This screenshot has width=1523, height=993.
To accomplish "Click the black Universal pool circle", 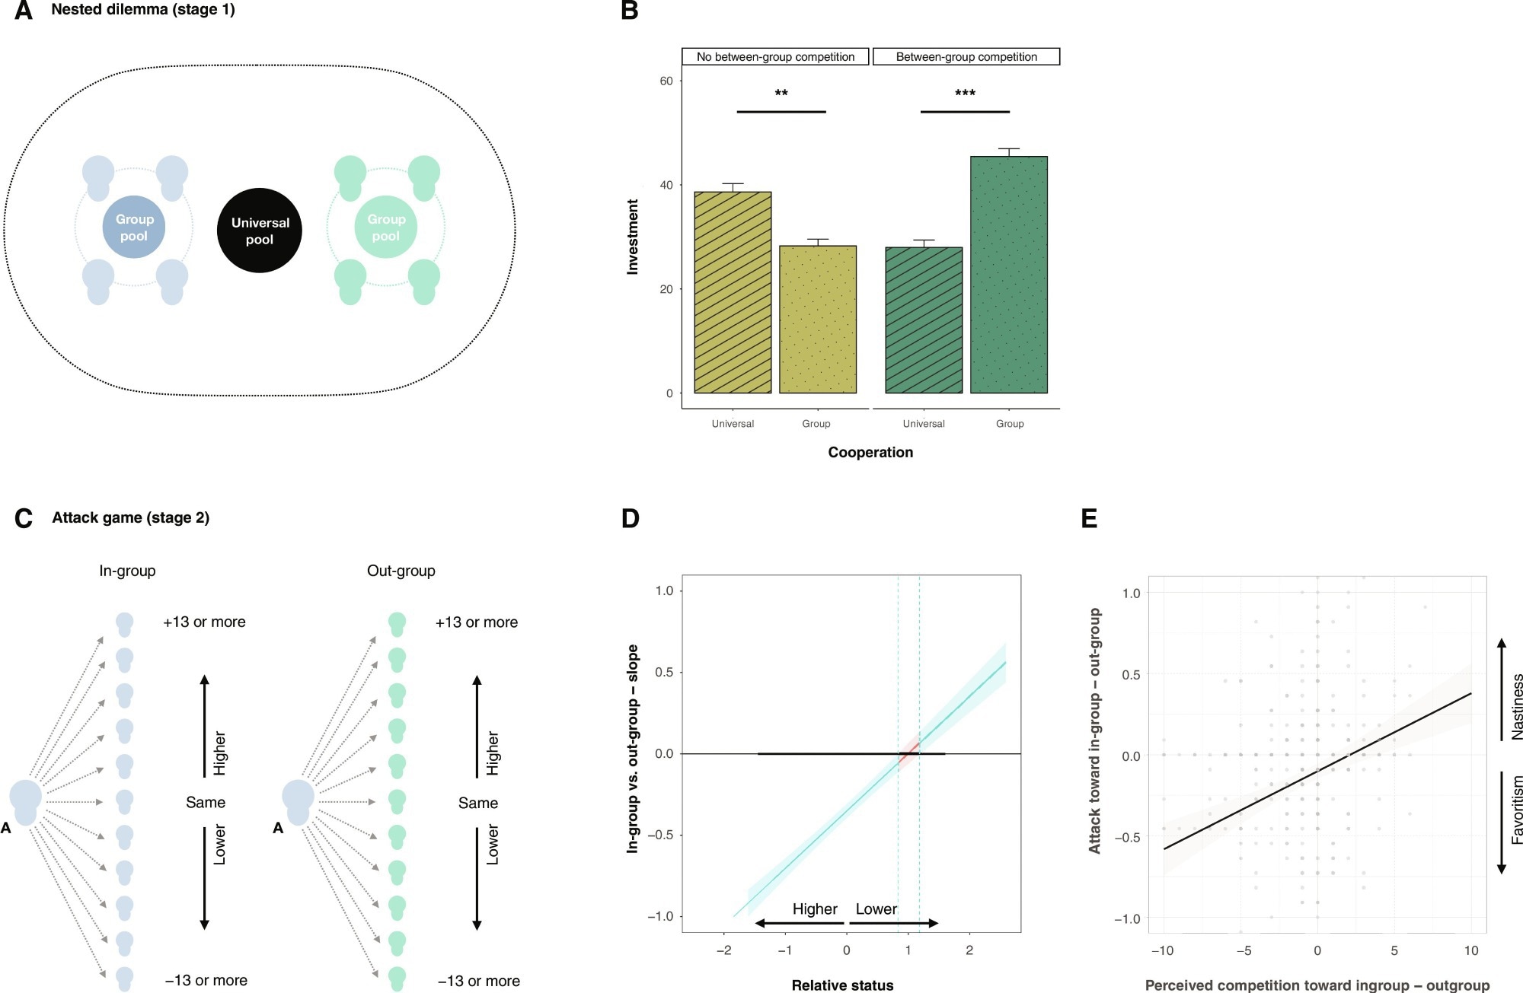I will click(x=260, y=231).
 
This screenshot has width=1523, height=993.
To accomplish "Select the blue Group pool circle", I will click(x=134, y=228).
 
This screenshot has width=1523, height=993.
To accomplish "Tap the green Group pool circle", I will click(x=386, y=228).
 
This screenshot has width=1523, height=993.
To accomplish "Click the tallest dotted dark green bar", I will click(x=1008, y=274).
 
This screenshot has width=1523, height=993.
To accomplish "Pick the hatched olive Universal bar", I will click(x=733, y=292).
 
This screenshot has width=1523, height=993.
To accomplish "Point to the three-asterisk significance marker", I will click(x=965, y=94).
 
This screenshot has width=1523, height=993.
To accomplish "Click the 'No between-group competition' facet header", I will click(x=775, y=57).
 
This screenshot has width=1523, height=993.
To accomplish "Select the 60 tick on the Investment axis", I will click(x=666, y=81).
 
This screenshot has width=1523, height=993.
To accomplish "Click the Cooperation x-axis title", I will click(x=870, y=452).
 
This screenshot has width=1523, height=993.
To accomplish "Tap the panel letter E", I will click(x=1089, y=519).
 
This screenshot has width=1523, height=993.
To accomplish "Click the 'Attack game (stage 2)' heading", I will click(x=130, y=517).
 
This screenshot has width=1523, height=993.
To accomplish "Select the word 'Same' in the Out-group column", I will click(x=478, y=803).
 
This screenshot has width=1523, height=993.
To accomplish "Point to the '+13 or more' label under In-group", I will click(x=204, y=622).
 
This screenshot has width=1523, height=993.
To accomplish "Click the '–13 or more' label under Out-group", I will click(x=479, y=981).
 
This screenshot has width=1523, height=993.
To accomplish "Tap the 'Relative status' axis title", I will click(x=842, y=985).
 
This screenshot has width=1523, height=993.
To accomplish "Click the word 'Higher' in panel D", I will click(x=814, y=909).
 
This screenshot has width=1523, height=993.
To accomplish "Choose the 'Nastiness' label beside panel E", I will click(x=1516, y=706).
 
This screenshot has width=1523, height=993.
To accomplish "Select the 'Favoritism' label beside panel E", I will click(x=1516, y=810).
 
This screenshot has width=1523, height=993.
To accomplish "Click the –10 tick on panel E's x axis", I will click(x=1162, y=950).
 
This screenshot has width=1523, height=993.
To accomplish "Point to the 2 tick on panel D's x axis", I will click(x=969, y=950).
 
